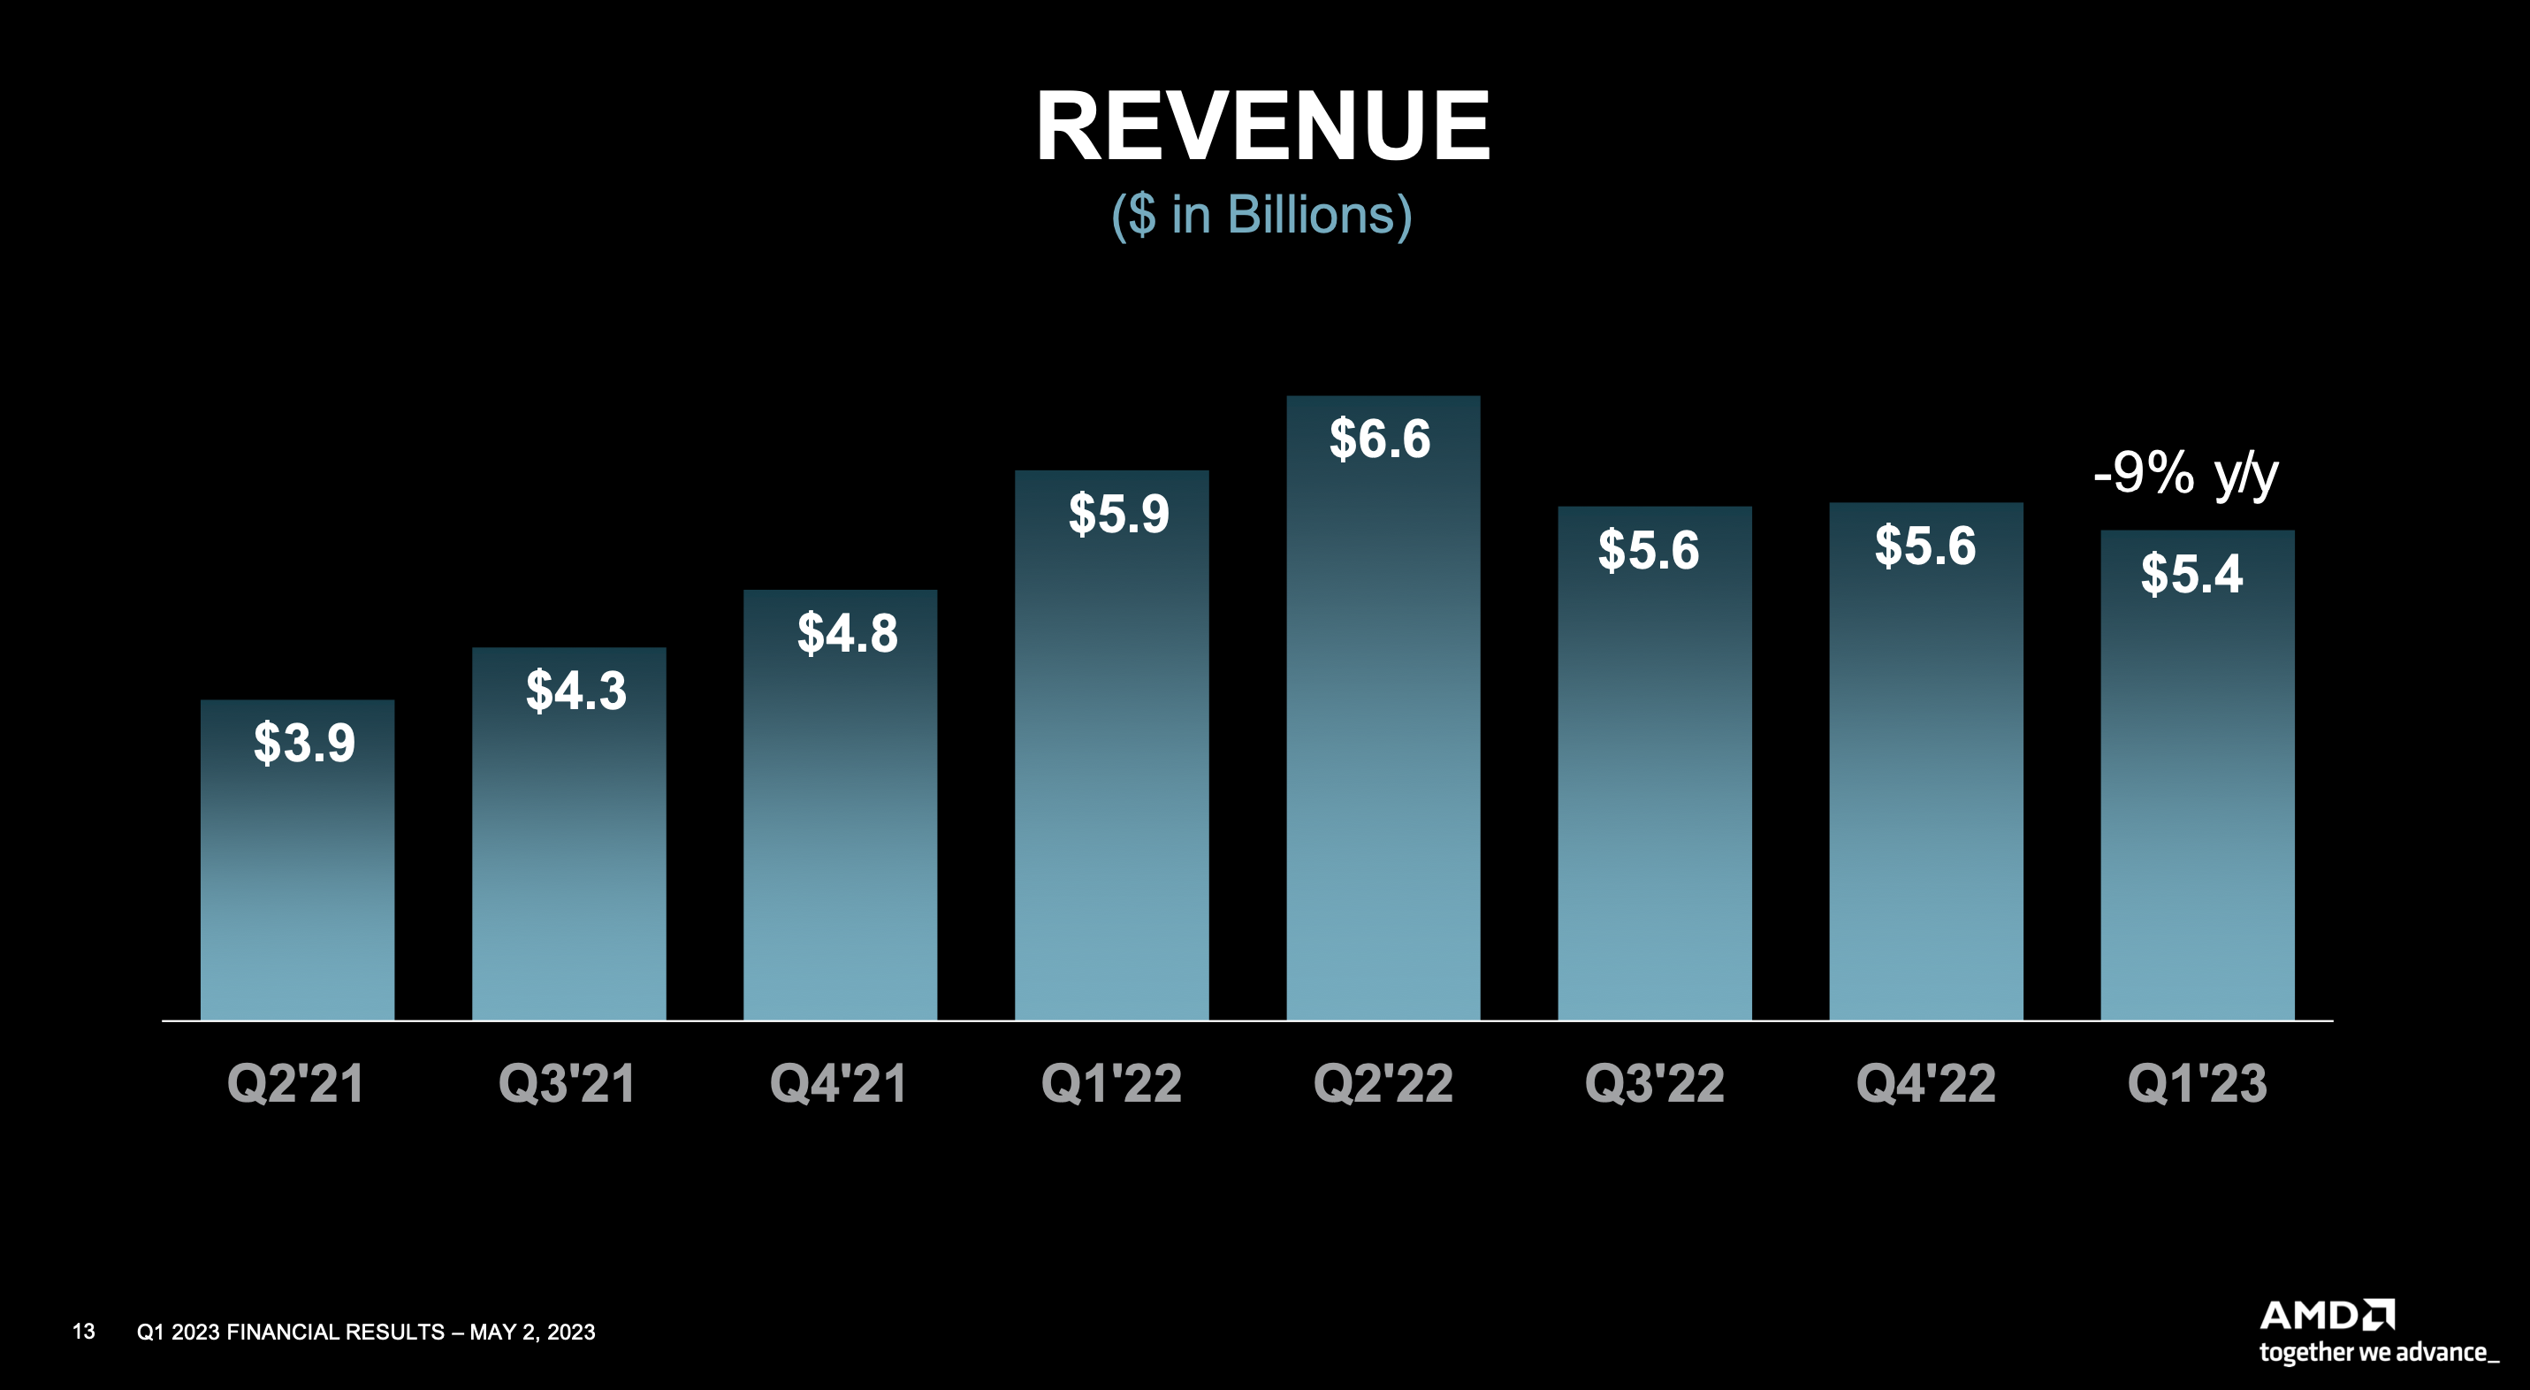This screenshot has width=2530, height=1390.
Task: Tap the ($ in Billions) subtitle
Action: pyautogui.click(x=1262, y=214)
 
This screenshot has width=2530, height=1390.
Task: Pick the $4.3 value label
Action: pyautogui.click(x=575, y=690)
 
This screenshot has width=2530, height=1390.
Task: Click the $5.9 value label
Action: pyautogui.click(x=1118, y=513)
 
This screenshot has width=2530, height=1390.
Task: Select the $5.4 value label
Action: pyautogui.click(x=2191, y=574)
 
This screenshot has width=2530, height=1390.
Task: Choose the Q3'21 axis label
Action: pyautogui.click(x=567, y=1083)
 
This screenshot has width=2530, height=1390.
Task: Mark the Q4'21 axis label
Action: pyautogui.click(x=838, y=1083)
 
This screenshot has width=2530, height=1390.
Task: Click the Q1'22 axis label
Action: pyautogui.click(x=1111, y=1083)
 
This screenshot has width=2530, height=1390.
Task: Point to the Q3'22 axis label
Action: pyautogui.click(x=1654, y=1083)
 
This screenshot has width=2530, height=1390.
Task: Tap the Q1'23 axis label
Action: pyautogui.click(x=2196, y=1083)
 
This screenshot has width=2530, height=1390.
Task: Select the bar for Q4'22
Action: pyautogui.click(x=1925, y=786)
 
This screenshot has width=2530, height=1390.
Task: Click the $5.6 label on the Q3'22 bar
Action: pyautogui.click(x=1648, y=549)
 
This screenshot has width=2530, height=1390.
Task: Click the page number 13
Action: pyautogui.click(x=83, y=1331)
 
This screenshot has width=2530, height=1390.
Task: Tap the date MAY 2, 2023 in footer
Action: pyautogui.click(x=532, y=1332)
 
